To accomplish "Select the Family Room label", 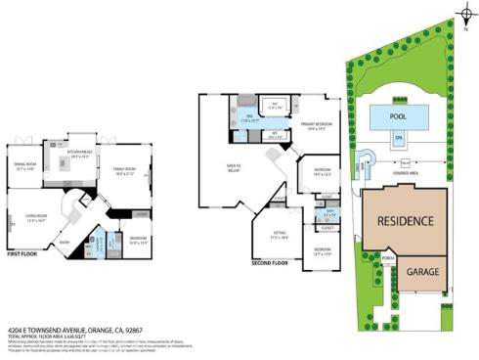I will tap(125, 171).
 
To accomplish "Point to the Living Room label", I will tap(36, 219).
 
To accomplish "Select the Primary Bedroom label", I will tap(318, 125).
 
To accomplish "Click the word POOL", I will tap(397, 115).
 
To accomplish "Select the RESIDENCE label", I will tap(404, 222).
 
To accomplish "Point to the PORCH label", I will tap(388, 260).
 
